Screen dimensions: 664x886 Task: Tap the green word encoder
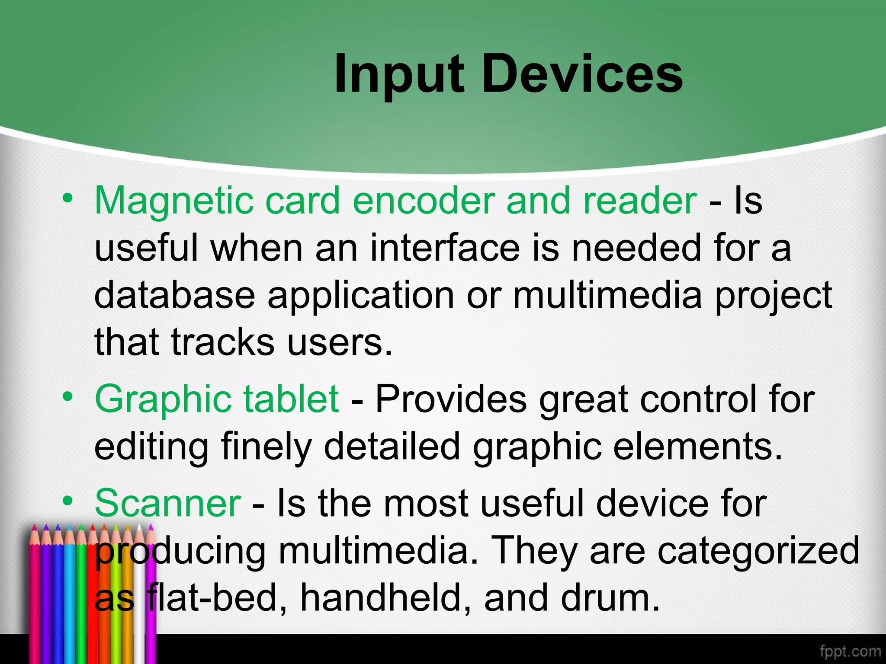[x=424, y=201]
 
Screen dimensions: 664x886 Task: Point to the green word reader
[x=640, y=201]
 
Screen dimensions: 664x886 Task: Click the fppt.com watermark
[x=850, y=651]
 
